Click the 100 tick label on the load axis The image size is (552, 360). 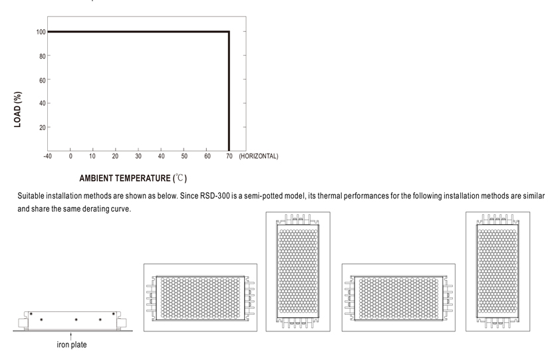click(41, 32)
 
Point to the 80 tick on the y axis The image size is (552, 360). click(43, 56)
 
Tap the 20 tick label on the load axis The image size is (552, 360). click(43, 128)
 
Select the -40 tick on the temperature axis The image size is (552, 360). click(47, 156)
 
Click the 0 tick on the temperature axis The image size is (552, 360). click(70, 156)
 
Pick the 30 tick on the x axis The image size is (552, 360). click(138, 156)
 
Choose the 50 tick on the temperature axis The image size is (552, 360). click(184, 156)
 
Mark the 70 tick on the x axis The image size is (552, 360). click(229, 156)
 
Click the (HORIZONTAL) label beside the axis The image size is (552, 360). click(259, 156)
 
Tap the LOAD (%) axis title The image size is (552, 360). click(17, 109)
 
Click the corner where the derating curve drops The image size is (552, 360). click(229, 32)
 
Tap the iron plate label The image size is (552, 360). click(72, 345)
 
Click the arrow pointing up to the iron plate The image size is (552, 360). click(71, 336)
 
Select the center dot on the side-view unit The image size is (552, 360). click(76, 320)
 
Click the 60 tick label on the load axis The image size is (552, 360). click(43, 81)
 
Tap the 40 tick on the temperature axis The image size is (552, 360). click(161, 156)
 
